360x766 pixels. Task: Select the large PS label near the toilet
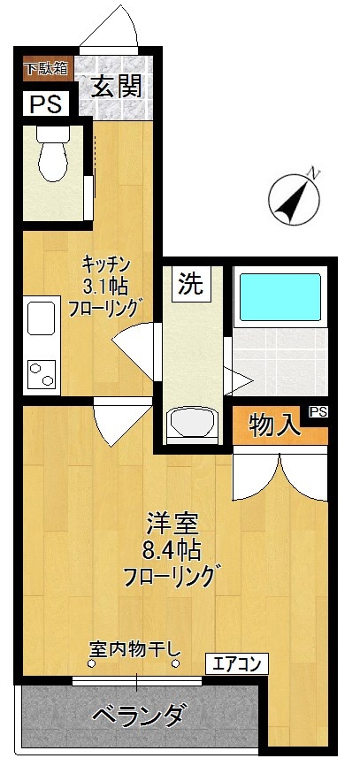pos(44,104)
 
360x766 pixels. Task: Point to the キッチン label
pos(107,263)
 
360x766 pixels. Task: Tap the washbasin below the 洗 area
pos(191,423)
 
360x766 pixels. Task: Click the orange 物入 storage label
pos(273,426)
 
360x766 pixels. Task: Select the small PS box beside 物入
pos(318,411)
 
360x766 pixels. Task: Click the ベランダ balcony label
pos(139,713)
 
